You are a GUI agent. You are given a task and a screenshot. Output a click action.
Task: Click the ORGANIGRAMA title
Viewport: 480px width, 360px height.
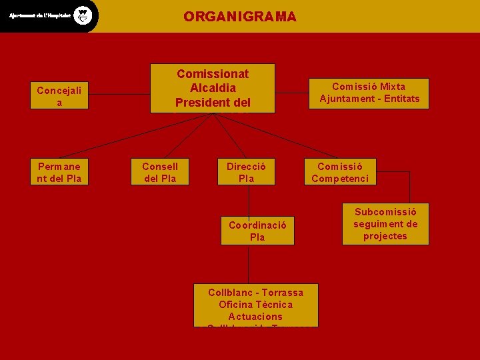tap(240, 17)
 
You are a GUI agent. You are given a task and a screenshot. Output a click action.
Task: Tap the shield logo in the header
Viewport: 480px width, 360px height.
tap(82, 15)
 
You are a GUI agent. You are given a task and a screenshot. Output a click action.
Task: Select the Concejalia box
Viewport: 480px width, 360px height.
tap(59, 96)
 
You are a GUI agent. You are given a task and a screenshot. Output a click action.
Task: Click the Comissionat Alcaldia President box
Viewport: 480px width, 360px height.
tap(212, 88)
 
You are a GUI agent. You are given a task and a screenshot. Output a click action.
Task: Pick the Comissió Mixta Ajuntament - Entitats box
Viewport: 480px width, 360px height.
tap(369, 93)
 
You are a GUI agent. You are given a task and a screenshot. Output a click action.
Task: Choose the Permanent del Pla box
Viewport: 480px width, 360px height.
tap(59, 172)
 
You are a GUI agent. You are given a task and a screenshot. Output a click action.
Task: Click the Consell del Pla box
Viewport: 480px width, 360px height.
tap(160, 172)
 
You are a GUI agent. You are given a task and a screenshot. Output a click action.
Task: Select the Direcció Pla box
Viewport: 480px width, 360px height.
tap(246, 172)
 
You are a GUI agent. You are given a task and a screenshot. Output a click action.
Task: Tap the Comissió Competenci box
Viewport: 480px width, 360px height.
tap(339, 172)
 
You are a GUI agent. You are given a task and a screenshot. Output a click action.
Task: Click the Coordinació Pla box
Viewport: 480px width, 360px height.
tap(257, 231)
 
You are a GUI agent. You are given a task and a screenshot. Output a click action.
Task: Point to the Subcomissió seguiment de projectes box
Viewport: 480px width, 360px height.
tap(385, 224)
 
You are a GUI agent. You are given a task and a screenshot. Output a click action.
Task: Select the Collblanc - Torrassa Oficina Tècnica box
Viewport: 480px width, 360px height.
tap(255, 305)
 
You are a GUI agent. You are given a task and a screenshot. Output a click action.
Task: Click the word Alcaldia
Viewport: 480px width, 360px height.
tap(213, 88)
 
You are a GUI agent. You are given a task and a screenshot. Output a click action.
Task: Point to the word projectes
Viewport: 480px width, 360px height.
tap(385, 236)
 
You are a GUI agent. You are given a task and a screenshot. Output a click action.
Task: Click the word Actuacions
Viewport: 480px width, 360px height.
tap(255, 317)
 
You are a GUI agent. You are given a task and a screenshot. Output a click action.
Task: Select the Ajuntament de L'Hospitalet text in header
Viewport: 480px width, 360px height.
tap(39, 16)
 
